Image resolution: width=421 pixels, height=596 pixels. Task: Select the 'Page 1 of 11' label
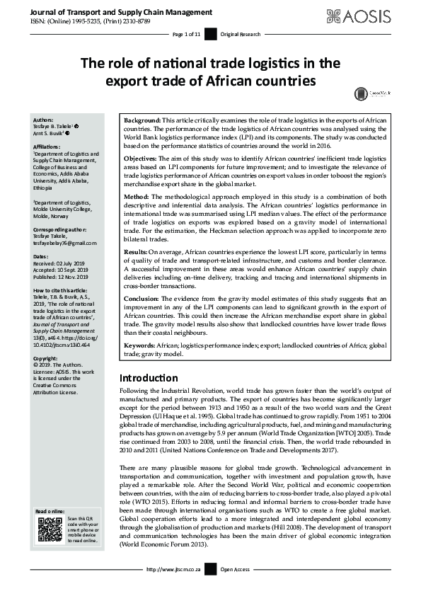coord(187,33)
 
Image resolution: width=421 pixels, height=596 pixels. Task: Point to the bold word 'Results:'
coord(137,251)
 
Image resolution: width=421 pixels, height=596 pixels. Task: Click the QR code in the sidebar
coord(50,530)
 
